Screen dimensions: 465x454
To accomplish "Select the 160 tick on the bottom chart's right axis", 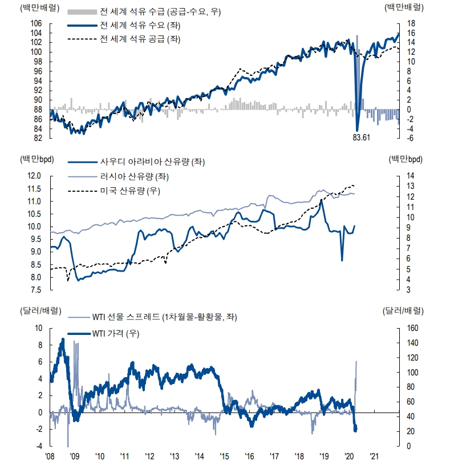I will tap(412, 328).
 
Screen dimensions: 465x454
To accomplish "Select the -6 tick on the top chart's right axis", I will tap(410, 138).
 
